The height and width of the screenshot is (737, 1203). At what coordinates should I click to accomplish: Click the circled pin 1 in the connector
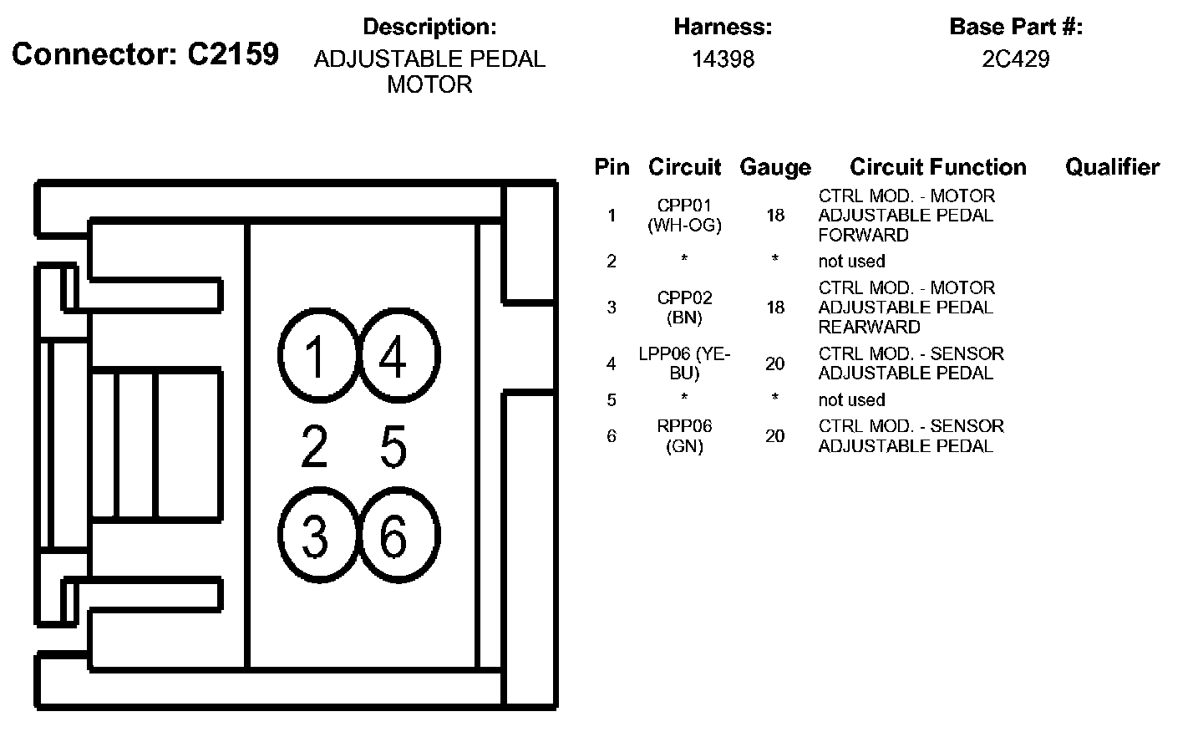pyautogui.click(x=316, y=358)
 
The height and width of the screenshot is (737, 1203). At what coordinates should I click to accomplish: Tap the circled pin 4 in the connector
pyautogui.click(x=393, y=358)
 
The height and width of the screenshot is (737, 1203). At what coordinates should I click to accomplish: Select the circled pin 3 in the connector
pyautogui.click(x=316, y=536)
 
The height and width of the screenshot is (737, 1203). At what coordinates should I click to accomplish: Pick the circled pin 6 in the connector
pyautogui.click(x=393, y=536)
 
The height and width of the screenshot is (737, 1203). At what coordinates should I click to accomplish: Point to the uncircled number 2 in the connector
pyautogui.click(x=314, y=446)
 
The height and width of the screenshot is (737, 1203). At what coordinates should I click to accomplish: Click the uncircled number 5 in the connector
pyautogui.click(x=393, y=446)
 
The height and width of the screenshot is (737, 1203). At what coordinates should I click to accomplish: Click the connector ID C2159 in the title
pyautogui.click(x=232, y=54)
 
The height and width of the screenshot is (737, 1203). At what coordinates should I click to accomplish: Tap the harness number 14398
pyautogui.click(x=723, y=59)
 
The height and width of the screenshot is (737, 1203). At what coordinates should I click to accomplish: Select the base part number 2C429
pyautogui.click(x=1015, y=59)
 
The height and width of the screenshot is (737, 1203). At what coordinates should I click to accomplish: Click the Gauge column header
pyautogui.click(x=774, y=167)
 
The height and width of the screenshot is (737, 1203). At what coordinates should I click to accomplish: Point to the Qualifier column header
pyautogui.click(x=1112, y=167)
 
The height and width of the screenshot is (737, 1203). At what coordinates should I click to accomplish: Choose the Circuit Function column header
pyautogui.click(x=937, y=167)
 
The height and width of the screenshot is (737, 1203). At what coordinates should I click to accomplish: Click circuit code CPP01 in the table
pyautogui.click(x=684, y=206)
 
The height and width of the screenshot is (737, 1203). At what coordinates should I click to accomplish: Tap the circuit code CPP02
pyautogui.click(x=684, y=297)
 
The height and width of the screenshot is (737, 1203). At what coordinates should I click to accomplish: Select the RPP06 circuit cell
pyautogui.click(x=684, y=426)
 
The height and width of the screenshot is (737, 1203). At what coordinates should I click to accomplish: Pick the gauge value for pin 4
pyautogui.click(x=774, y=363)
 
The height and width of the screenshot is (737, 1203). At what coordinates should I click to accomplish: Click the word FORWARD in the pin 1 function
pyautogui.click(x=863, y=235)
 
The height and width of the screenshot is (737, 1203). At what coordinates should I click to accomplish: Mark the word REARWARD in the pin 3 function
pyautogui.click(x=869, y=327)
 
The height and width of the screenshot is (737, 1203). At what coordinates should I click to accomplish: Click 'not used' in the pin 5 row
pyautogui.click(x=851, y=399)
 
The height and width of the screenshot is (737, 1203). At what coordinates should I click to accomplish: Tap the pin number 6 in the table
pyautogui.click(x=612, y=435)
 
